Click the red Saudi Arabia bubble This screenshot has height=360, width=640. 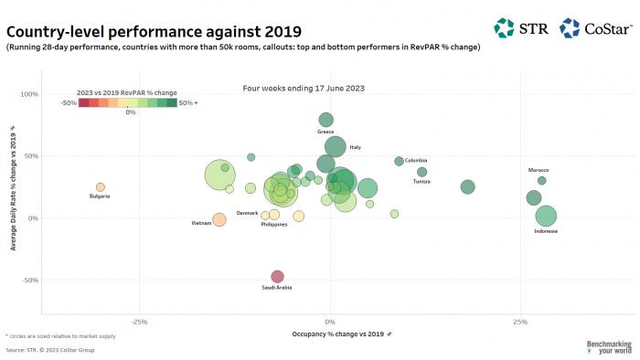[x=277, y=276]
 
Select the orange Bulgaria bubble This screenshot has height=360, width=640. [x=101, y=187]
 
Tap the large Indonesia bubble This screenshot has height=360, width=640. [x=546, y=217]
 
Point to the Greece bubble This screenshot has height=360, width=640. [x=325, y=120]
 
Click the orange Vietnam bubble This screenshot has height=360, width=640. [x=219, y=220]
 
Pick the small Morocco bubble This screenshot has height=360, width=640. [x=541, y=180]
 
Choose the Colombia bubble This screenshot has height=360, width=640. [x=399, y=161]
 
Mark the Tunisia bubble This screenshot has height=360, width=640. [x=421, y=172]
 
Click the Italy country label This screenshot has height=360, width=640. [x=355, y=147]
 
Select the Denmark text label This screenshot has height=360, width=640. [x=247, y=213]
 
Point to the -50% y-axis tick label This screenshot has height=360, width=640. [x=28, y=281]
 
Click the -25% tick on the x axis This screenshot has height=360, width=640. [x=139, y=322]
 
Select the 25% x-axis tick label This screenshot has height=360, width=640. [x=520, y=322]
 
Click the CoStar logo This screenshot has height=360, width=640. [x=595, y=28]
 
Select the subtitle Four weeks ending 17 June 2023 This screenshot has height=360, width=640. [x=293, y=89]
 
